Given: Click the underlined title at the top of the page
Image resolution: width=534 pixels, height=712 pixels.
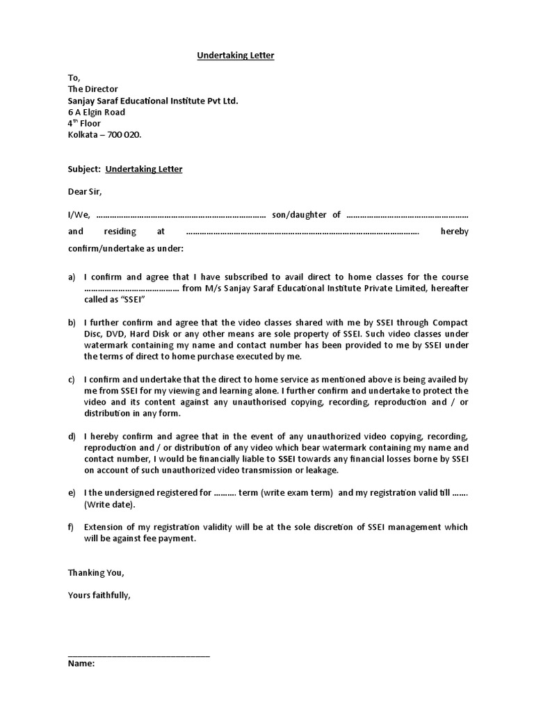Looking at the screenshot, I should point(235,56).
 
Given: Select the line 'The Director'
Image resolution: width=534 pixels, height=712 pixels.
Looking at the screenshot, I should point(93,89).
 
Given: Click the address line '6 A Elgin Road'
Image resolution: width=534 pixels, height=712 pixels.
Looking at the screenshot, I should point(97,112).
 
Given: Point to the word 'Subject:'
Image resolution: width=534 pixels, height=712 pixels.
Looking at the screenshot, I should point(85,169).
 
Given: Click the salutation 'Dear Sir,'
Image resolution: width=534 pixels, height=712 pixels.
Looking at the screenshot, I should point(89,191).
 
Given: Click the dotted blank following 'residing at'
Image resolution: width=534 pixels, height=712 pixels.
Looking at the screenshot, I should point(302,232).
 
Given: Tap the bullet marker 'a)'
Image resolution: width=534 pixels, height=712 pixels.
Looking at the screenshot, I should point(72,277).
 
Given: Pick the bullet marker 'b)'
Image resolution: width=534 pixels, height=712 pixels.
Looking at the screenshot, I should point(72,323).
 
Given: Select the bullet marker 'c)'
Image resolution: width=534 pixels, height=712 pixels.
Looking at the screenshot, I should point(72,380).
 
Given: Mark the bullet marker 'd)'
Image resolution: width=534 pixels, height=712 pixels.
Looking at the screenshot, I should point(72,437).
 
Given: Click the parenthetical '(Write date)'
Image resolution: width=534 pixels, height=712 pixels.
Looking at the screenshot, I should point(110,505).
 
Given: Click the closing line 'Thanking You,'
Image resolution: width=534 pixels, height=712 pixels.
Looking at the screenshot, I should point(96,573).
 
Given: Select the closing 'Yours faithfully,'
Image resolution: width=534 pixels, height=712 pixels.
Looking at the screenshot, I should point(99,595).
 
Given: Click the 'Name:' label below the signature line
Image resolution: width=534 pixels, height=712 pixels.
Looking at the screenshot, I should point(81,663).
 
